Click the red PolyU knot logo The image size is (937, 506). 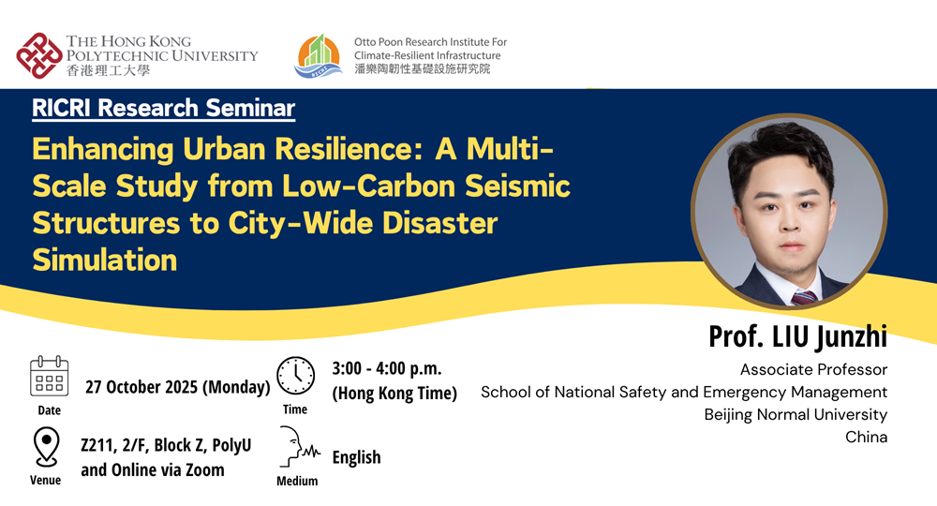coord(39,55)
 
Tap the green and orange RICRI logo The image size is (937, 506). coord(320,56)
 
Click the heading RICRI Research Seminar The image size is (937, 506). coord(164,108)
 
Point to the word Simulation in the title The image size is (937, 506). coord(105,260)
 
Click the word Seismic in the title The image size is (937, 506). coord(517,186)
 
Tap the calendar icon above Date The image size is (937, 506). coord(49,376)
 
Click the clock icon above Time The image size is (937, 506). coord(295,376)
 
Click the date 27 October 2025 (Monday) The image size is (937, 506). coord(177,387)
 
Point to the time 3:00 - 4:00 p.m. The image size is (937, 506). coord(387,368)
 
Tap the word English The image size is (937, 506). coord(356,457)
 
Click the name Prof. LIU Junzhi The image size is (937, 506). coord(797,336)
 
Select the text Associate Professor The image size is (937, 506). coord(813,370)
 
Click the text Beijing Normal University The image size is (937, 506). coord(796,414)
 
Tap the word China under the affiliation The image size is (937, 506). coord(866,437)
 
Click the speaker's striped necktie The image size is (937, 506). coord(804,297)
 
